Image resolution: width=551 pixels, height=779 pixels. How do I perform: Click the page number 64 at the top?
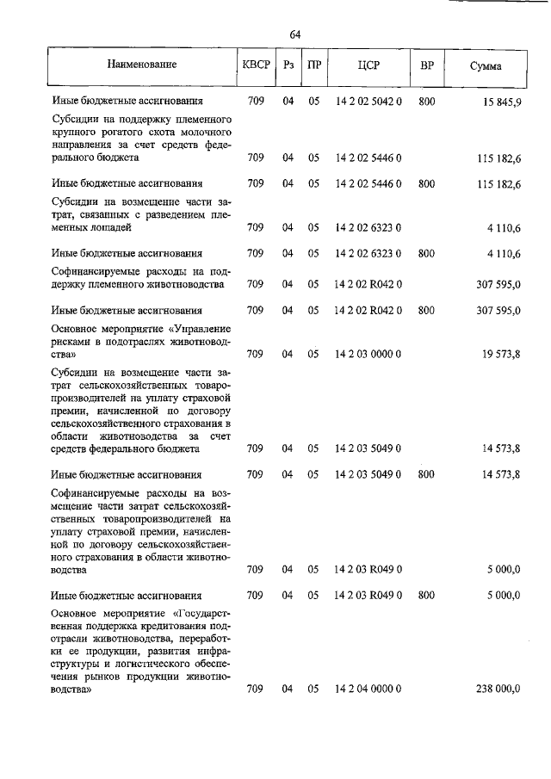click(x=295, y=34)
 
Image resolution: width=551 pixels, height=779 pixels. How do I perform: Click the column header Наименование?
click(x=142, y=65)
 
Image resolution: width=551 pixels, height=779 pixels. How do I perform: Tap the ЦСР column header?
click(x=368, y=65)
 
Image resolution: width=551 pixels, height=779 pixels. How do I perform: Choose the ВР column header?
click(x=426, y=65)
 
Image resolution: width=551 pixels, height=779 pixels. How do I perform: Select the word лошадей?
click(x=111, y=228)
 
